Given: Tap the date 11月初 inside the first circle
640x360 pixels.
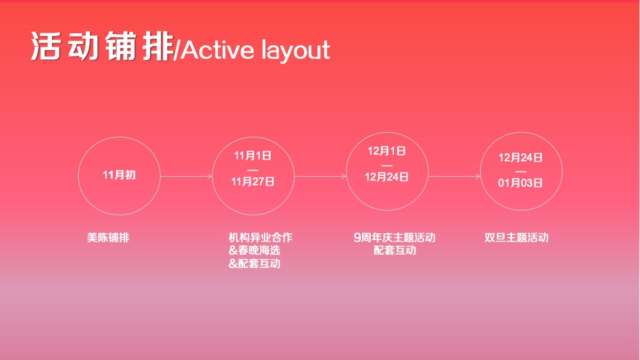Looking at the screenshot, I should click(x=119, y=175).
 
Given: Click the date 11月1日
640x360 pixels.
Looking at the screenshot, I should click(x=253, y=156).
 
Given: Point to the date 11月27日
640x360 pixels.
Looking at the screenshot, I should click(x=253, y=181).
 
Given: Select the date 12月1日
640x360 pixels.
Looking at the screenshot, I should click(x=387, y=151).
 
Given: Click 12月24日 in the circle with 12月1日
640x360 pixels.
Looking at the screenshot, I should click(x=387, y=177).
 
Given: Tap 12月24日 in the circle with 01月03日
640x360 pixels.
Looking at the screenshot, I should click(x=521, y=158).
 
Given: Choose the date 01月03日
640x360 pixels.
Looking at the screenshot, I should click(x=521, y=183).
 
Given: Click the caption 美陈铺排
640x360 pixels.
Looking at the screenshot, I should click(x=108, y=237).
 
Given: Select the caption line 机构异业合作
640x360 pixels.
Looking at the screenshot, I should click(x=260, y=237).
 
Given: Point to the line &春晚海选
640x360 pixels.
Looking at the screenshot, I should click(x=254, y=251).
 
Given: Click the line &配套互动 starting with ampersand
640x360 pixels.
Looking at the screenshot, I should click(x=254, y=264).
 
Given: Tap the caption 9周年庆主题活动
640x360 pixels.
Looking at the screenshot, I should click(x=394, y=237).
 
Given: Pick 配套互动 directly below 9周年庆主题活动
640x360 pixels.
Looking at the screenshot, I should click(x=395, y=251).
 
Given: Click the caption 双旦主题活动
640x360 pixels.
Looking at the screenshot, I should click(x=517, y=237).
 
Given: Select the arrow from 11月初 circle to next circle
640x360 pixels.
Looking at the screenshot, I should click(x=186, y=177).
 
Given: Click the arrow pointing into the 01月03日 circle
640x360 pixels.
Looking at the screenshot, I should click(x=454, y=177).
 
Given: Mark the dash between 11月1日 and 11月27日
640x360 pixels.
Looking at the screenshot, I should click(x=253, y=169).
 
